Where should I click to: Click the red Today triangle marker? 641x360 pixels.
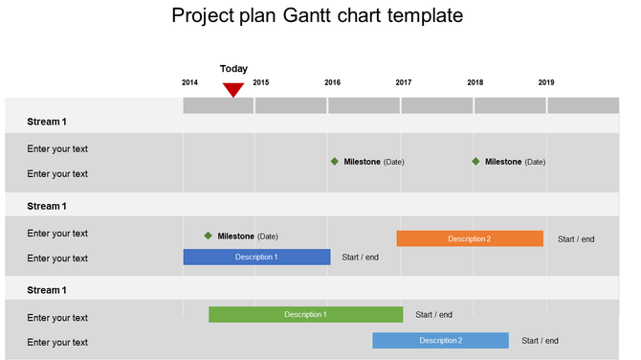(x=233, y=90)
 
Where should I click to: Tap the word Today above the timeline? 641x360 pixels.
(x=233, y=69)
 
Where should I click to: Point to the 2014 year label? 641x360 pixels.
(x=189, y=82)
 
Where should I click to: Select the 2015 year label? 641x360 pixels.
(x=260, y=82)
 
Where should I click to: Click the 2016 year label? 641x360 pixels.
(x=332, y=82)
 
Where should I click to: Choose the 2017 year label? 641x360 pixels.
(x=404, y=82)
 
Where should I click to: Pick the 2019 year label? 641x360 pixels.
(x=546, y=82)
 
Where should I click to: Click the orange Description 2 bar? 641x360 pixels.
(x=470, y=238)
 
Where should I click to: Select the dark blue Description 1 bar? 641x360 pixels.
(x=256, y=257)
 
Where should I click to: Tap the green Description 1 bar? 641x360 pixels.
(x=305, y=314)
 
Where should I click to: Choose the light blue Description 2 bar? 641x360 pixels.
(x=440, y=340)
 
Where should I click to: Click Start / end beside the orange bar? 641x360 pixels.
(x=576, y=239)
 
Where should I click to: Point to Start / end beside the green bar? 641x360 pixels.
(x=434, y=314)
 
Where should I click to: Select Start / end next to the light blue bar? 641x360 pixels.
(x=540, y=340)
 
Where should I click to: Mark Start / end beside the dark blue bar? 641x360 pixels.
(x=360, y=257)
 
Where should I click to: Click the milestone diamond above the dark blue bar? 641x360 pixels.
(x=208, y=236)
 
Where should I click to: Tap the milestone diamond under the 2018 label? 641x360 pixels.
(x=475, y=161)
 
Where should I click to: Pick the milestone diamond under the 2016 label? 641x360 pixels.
(x=334, y=161)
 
